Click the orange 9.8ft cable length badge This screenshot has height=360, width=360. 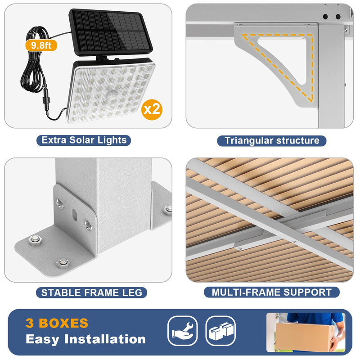point(41,45)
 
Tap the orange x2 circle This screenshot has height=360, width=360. point(152,109)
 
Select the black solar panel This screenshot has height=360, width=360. point(110,32)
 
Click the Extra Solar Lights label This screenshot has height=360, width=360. point(84,140)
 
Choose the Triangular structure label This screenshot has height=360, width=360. point(272,141)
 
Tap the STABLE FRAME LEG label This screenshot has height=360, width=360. point(91,293)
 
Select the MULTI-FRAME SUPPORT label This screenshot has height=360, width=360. point(272,292)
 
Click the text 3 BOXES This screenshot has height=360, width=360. point(57,323)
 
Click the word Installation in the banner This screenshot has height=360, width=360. point(105,339)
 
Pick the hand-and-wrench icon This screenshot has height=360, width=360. point(183,331)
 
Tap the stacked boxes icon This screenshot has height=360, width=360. point(220,331)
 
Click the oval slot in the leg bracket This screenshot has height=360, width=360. point(74,214)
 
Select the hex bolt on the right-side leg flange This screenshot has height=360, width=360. point(168,209)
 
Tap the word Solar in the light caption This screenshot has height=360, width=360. point(81,140)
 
